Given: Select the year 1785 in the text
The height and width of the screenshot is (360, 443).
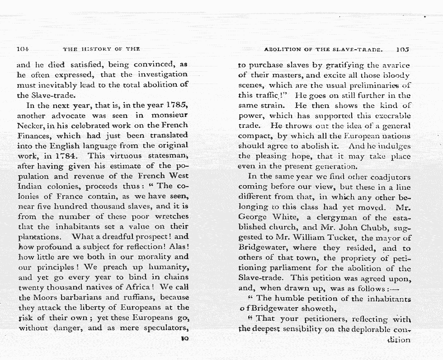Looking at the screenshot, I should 174,106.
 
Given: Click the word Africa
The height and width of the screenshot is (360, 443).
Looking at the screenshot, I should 138,288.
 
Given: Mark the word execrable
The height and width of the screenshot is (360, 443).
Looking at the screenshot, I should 390,116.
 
